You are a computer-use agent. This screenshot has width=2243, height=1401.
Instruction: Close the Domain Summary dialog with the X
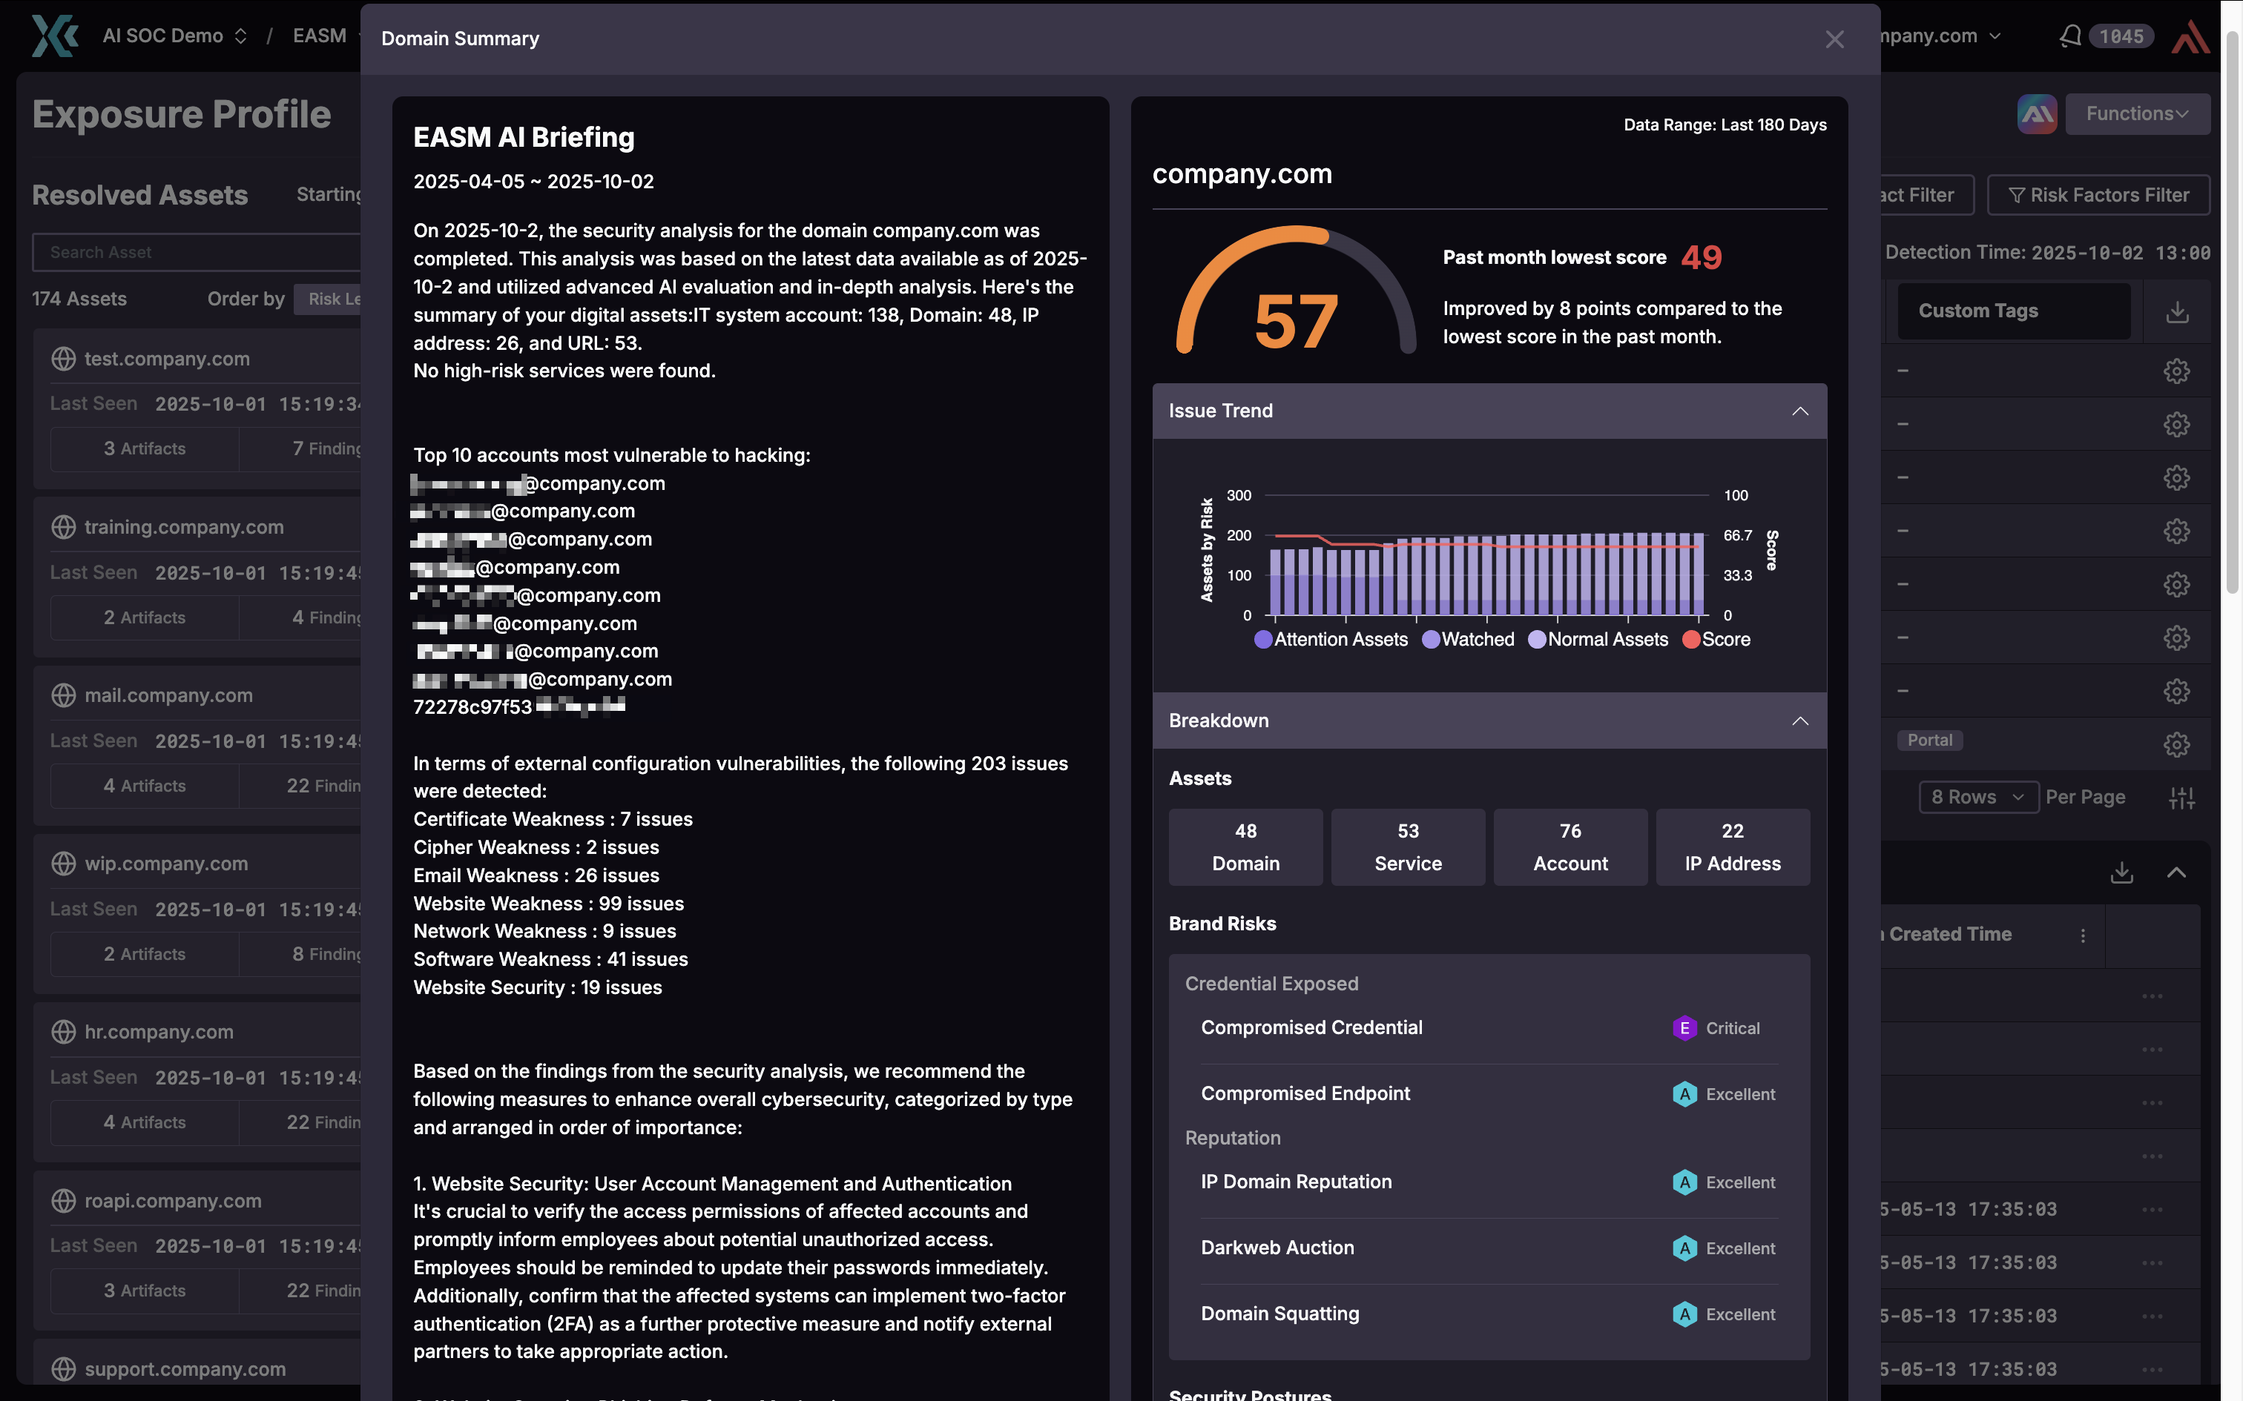(x=1834, y=39)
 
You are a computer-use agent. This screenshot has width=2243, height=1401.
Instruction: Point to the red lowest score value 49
(x=1702, y=258)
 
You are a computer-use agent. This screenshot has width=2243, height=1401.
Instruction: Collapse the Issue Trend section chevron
(x=1800, y=411)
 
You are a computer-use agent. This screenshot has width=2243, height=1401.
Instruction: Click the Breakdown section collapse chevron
(x=1800, y=721)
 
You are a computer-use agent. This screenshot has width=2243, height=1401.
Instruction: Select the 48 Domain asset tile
(x=1245, y=847)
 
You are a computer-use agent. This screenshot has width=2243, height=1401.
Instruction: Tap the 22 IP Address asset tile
(x=1732, y=847)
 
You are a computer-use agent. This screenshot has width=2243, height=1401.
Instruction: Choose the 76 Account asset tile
(x=1570, y=847)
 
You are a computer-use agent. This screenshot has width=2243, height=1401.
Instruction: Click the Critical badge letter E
(x=1684, y=1029)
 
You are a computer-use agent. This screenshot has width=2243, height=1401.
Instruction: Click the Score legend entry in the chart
(x=1716, y=639)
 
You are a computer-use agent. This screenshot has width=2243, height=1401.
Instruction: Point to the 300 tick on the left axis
(x=1239, y=496)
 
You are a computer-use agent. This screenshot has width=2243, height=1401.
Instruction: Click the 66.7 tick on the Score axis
(x=1738, y=535)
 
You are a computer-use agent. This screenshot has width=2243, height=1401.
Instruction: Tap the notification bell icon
(x=2069, y=36)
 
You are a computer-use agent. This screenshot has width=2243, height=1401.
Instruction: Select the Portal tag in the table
(x=1930, y=741)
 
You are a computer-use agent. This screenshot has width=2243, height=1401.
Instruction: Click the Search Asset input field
(x=200, y=252)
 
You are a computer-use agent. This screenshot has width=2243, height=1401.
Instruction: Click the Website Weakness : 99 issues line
(x=549, y=904)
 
